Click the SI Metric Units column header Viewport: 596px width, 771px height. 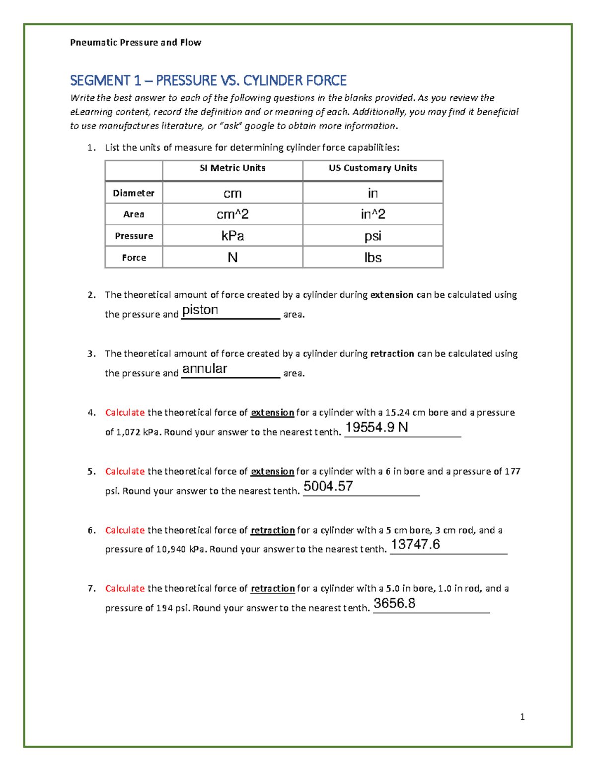[232, 168]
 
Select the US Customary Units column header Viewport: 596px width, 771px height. [372, 168]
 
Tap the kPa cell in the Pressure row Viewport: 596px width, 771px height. [232, 236]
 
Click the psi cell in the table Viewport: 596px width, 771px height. [372, 236]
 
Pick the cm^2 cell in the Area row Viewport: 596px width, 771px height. [232, 214]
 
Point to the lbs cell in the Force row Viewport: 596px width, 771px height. [372, 258]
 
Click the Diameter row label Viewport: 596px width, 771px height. [134, 193]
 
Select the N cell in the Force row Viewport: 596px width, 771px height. [232, 258]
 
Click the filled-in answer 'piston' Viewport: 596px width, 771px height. [200, 310]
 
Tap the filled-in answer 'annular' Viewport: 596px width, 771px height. [205, 369]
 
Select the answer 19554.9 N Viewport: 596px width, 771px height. [376, 427]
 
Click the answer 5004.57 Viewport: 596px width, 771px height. [328, 486]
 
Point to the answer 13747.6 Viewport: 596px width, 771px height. [415, 545]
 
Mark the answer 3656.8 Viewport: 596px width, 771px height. [394, 603]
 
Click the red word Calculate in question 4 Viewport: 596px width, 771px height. [125, 413]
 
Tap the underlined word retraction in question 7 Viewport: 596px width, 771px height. [273, 589]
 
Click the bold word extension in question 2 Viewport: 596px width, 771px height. [392, 295]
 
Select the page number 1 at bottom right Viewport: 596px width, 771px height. [522, 717]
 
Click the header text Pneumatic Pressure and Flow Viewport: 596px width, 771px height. [136, 43]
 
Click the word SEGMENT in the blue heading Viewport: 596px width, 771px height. [99, 80]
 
